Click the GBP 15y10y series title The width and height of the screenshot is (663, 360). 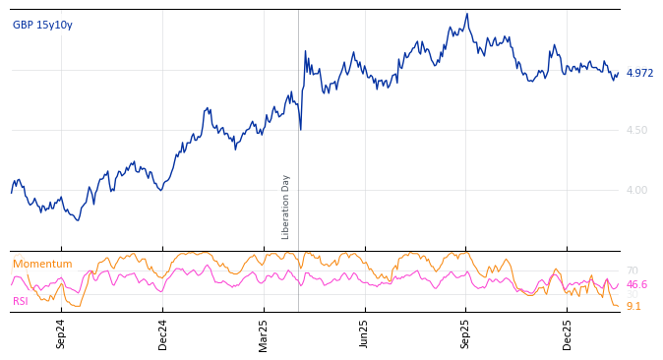[x=42, y=26]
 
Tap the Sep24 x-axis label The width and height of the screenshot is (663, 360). [x=61, y=333]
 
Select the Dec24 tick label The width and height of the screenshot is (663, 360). [x=163, y=333]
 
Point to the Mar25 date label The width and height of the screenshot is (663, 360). [x=264, y=333]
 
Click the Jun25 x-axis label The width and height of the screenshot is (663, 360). [x=364, y=333]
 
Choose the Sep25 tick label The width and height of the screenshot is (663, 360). [x=465, y=333]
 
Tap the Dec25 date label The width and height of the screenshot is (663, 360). [x=567, y=333]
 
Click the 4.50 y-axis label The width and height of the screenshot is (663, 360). [x=636, y=130]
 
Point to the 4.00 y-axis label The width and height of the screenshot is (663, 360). [x=636, y=190]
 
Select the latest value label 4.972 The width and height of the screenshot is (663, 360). [x=639, y=73]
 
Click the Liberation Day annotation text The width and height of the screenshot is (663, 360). [x=286, y=207]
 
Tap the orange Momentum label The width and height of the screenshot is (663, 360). [x=42, y=265]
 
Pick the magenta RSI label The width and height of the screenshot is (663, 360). [x=21, y=301]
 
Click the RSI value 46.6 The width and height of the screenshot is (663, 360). [x=636, y=284]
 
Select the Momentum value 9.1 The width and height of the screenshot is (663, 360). [x=633, y=306]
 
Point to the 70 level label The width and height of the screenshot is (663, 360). [x=632, y=270]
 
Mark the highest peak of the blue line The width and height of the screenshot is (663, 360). [x=467, y=14]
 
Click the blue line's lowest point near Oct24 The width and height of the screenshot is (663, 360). [x=78, y=219]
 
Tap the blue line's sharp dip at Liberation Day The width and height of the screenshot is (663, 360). [x=301, y=129]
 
